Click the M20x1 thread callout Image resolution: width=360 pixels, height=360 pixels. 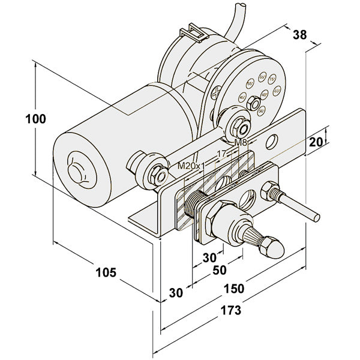tap(191, 164)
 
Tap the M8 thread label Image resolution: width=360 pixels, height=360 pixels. tap(241, 143)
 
